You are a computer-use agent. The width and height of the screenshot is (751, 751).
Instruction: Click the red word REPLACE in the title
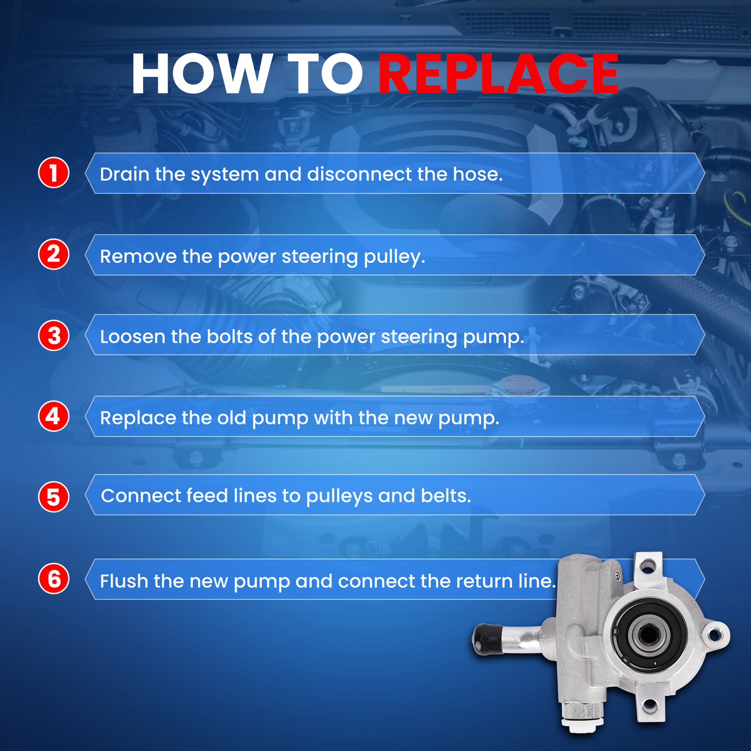coord(497,74)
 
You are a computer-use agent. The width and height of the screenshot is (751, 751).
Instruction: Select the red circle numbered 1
coord(54,173)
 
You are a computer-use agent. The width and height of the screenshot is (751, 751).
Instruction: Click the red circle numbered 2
coord(54,254)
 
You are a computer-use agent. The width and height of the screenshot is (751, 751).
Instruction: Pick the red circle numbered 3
coord(54,335)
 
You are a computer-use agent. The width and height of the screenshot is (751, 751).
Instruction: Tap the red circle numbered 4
coord(54,416)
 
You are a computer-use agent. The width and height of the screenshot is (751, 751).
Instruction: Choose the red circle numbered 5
coord(54,497)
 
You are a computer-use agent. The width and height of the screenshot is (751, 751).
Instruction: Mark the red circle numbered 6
coord(54,579)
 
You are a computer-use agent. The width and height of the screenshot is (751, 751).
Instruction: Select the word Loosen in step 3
coord(133,337)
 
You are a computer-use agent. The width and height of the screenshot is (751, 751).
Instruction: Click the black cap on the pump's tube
coord(485,639)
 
